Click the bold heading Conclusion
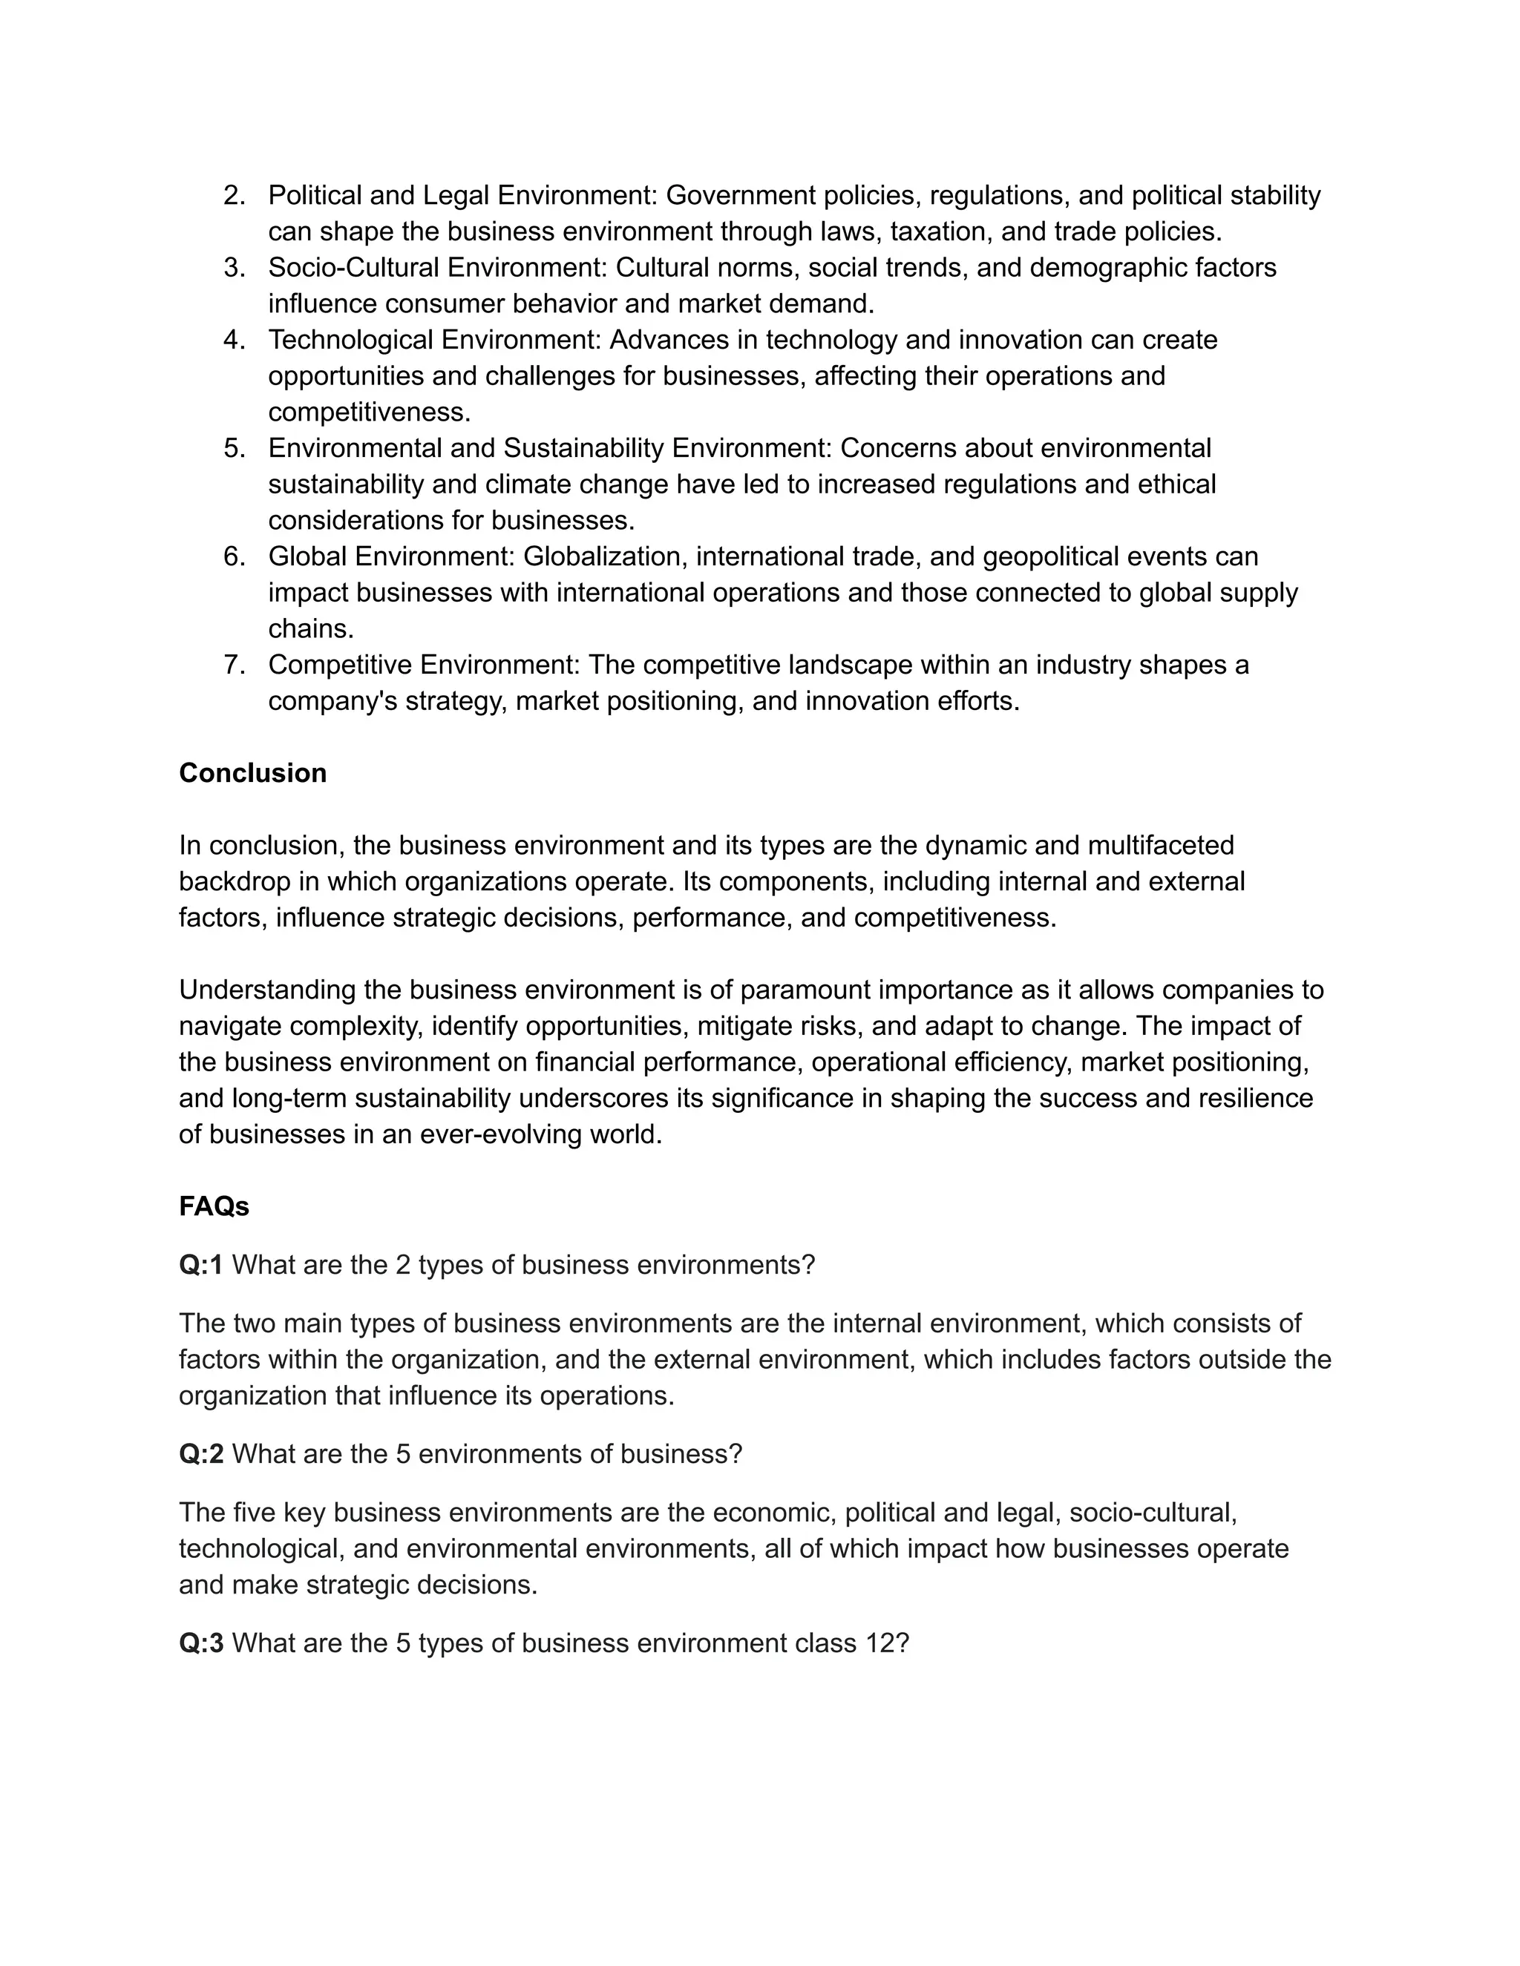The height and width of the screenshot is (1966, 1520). pos(252,773)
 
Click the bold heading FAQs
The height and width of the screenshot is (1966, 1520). pos(214,1206)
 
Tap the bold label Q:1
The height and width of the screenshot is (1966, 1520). pos(201,1265)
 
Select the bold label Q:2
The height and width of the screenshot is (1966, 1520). pos(201,1454)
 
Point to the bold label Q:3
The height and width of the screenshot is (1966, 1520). pos(201,1643)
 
